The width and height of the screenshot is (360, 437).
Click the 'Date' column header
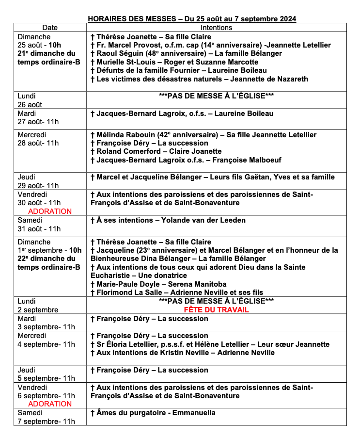tap(49, 28)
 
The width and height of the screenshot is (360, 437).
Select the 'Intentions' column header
tap(216, 28)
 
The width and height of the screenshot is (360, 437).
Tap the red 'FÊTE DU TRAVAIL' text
tap(216, 309)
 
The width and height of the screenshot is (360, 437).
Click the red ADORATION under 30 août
tap(50, 211)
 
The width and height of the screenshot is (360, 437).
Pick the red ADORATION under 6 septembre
tap(50, 404)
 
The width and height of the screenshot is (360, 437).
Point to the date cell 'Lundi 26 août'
tap(30, 100)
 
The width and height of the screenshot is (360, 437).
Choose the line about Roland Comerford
tap(156, 151)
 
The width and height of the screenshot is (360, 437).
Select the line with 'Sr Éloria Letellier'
tap(210, 344)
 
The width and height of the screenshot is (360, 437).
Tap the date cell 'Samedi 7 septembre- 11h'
tap(46, 417)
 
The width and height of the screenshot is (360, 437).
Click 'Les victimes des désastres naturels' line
tap(199, 79)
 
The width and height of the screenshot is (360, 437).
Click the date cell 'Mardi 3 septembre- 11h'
tap(46, 323)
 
